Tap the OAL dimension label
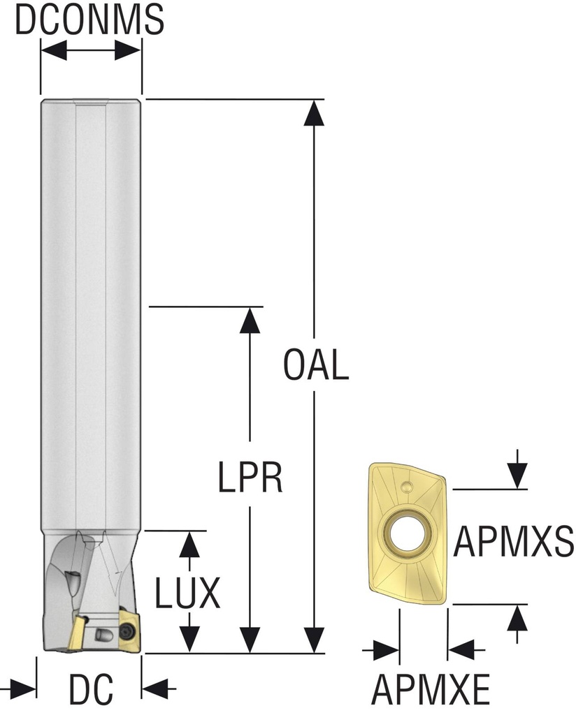[x=316, y=365]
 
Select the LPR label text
[x=250, y=478]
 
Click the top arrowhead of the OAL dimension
[x=315, y=112]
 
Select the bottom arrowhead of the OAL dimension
[x=315, y=640]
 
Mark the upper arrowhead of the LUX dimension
[x=187, y=543]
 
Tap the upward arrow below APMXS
[x=517, y=619]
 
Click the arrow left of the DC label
[x=25, y=688]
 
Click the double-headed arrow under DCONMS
[x=91, y=50]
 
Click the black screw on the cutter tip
[x=129, y=629]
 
